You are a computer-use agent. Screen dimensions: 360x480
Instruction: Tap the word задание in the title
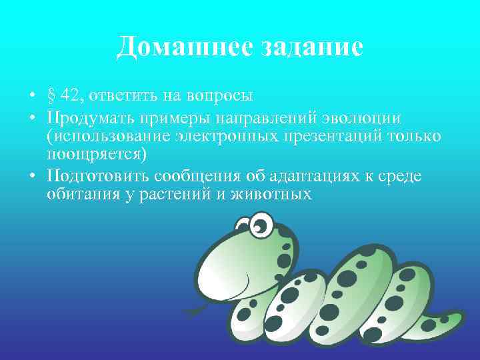tap(303, 47)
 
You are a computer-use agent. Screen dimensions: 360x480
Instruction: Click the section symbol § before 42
tap(51, 95)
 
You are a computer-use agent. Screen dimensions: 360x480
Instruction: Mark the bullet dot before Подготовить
tap(33, 175)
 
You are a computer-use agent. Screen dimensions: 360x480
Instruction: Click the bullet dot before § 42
tap(33, 95)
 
